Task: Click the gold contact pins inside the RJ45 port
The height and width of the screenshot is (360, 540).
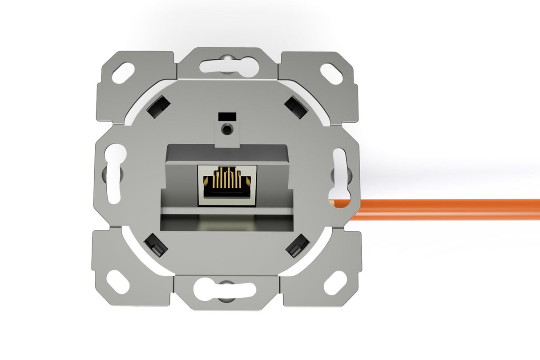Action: click(227, 178)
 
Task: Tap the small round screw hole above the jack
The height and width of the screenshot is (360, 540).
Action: click(228, 129)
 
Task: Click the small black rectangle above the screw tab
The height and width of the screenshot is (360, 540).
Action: click(227, 116)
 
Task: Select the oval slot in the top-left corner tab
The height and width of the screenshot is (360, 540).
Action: click(123, 73)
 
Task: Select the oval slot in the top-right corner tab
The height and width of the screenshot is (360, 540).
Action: click(331, 74)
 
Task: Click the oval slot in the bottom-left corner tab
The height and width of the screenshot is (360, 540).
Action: click(118, 282)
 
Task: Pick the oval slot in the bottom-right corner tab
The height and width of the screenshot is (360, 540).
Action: click(335, 283)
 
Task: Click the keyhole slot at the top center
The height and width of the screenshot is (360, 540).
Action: click(228, 65)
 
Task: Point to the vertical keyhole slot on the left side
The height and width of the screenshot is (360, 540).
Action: click(114, 174)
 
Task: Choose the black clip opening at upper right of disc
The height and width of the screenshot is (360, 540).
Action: click(296, 107)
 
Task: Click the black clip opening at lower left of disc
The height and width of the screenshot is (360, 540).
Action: click(156, 245)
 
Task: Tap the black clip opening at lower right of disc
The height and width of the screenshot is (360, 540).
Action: click(298, 246)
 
